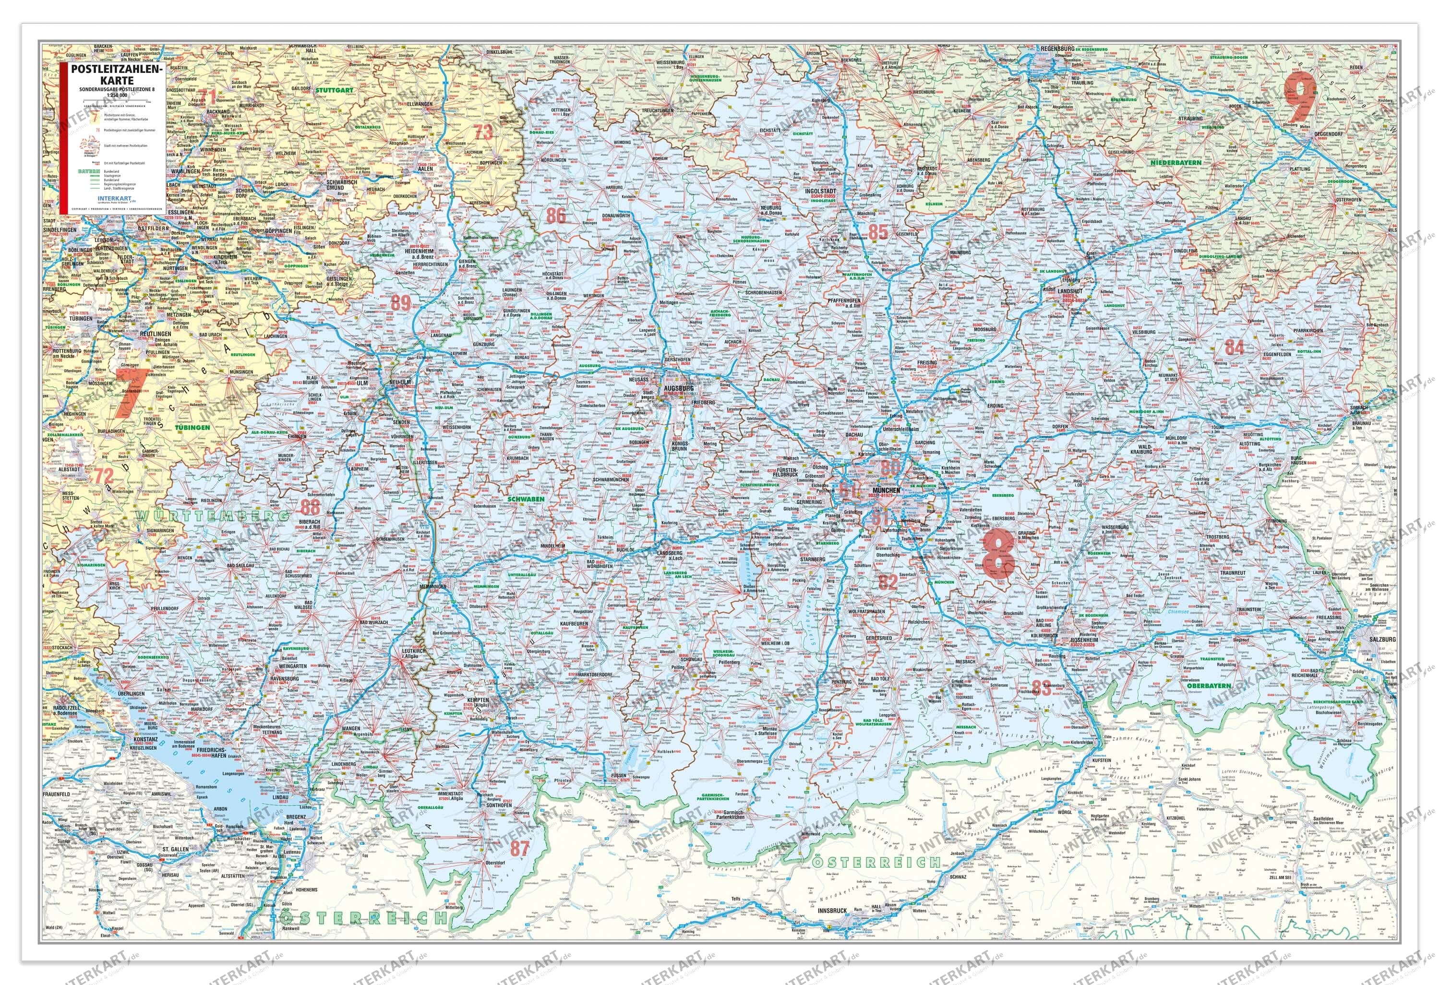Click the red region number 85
click(878, 232)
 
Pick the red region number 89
click(401, 302)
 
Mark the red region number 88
click(311, 506)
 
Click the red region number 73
click(483, 132)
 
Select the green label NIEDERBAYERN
click(1176, 162)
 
